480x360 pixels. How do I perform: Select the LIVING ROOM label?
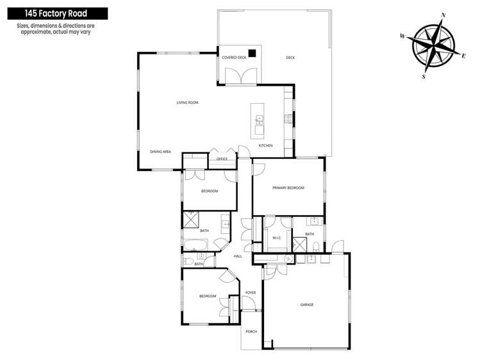tap(188, 102)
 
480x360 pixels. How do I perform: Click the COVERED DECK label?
tap(234, 58)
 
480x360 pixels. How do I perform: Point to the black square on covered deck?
tap(253, 54)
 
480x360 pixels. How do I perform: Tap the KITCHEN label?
tap(265, 145)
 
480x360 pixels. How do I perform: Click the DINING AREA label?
tap(160, 152)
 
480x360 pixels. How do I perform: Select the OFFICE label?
tap(222, 159)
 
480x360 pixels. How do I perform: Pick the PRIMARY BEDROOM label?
tap(288, 188)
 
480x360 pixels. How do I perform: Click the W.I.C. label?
tap(277, 238)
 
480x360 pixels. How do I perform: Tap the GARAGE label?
tap(307, 304)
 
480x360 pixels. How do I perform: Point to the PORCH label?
tap(251, 331)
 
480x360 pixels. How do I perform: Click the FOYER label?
tap(250, 293)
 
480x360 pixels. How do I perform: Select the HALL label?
tap(238, 256)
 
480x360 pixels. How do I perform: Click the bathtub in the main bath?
tap(195, 244)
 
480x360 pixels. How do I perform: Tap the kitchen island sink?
tap(259, 119)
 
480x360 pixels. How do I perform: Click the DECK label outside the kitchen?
tap(290, 58)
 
